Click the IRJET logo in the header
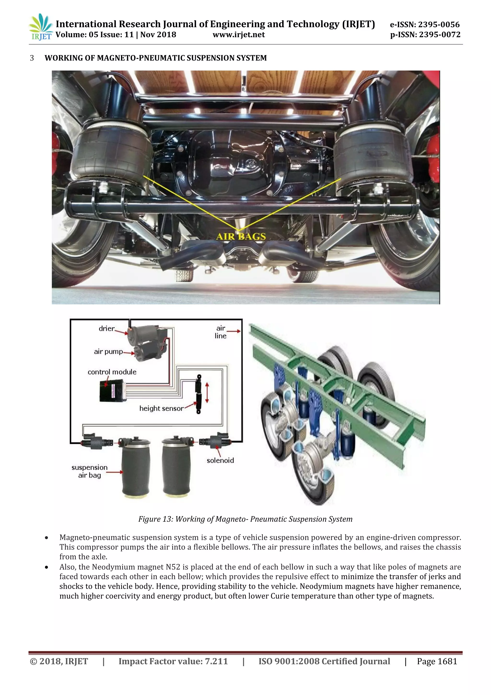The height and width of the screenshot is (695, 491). pyautogui.click(x=41, y=27)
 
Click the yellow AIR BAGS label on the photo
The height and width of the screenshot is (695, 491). pyautogui.click(x=241, y=236)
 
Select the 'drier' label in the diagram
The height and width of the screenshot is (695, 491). pyautogui.click(x=106, y=329)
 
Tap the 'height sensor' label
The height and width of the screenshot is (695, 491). pyautogui.click(x=161, y=409)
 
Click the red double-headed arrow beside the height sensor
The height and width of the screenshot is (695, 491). pyautogui.click(x=207, y=393)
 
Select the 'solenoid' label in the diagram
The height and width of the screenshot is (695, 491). pyautogui.click(x=220, y=460)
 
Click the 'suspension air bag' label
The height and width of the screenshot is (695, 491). pyautogui.click(x=89, y=471)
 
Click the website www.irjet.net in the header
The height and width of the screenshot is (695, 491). pyautogui.click(x=239, y=35)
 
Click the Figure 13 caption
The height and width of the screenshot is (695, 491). pyautogui.click(x=245, y=519)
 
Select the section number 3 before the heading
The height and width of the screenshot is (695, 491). pyautogui.click(x=32, y=58)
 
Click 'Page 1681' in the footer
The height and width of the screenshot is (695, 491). pyautogui.click(x=437, y=661)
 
